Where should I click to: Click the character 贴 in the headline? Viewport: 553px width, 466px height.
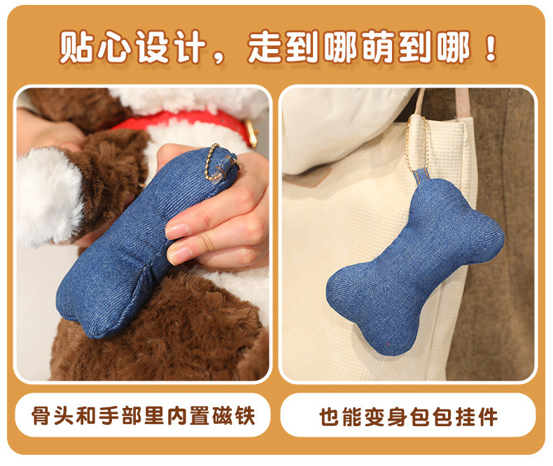tap(76, 46)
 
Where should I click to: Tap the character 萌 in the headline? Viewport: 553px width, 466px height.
tap(378, 46)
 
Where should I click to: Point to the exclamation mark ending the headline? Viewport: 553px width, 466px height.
tap(491, 48)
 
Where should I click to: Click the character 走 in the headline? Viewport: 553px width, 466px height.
tap(265, 46)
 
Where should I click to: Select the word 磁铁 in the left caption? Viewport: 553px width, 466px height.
tap(234, 415)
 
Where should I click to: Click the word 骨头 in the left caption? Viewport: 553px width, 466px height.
tap(53, 415)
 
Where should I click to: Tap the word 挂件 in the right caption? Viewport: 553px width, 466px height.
tap(477, 416)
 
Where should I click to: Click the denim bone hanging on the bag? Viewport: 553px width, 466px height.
tap(415, 267)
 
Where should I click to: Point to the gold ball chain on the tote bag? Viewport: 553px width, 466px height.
tap(416, 145)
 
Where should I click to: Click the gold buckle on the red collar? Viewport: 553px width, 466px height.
tap(251, 132)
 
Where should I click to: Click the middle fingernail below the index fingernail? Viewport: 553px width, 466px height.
tap(181, 255)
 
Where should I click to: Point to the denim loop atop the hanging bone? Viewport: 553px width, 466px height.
tap(422, 177)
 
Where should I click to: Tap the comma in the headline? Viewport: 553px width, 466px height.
tap(218, 58)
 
